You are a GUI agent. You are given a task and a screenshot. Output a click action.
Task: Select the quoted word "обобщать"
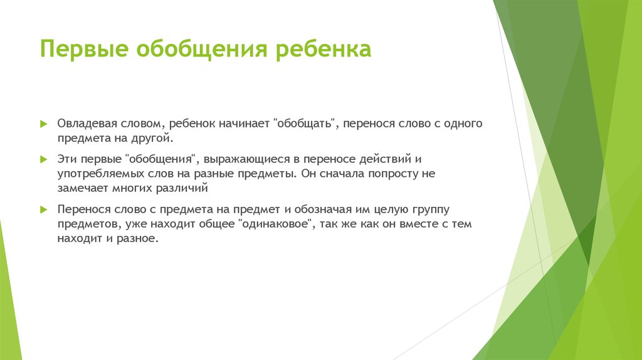pos(305,124)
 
